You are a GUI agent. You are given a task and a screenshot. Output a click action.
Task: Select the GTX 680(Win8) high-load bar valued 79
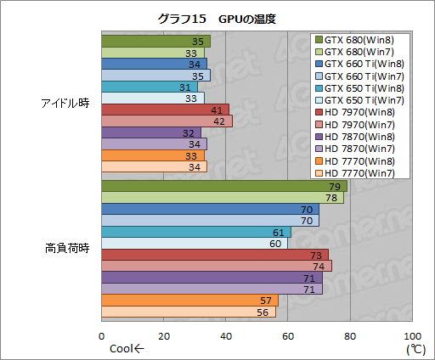click(x=224, y=186)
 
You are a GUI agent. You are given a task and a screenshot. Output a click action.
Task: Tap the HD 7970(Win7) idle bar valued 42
click(x=167, y=121)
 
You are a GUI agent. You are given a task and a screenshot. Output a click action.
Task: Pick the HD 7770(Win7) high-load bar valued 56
click(x=189, y=312)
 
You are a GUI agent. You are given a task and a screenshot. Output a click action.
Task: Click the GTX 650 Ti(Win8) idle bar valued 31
click(x=150, y=87)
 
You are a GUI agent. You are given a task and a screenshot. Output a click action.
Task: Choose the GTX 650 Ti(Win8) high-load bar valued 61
click(x=196, y=232)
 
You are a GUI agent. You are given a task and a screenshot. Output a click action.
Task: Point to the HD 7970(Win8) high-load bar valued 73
click(x=215, y=255)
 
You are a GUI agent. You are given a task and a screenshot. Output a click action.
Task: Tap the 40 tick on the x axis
click(x=226, y=334)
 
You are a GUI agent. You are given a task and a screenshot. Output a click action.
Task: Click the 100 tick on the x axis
click(x=412, y=334)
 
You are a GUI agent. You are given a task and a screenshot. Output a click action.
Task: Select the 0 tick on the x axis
click(x=102, y=334)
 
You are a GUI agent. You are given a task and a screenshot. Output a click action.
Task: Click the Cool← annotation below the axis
click(x=127, y=347)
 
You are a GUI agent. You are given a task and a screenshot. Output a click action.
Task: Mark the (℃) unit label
click(x=414, y=347)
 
